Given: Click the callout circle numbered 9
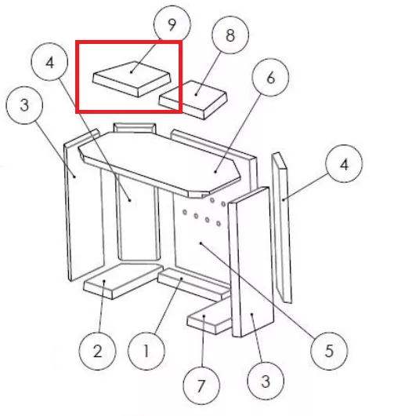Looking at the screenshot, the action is [172, 24].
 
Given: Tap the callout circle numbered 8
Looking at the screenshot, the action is [230, 35].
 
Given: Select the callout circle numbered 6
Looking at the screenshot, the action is [270, 78].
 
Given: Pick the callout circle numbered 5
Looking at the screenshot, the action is [329, 351].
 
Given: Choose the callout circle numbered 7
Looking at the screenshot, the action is [201, 385].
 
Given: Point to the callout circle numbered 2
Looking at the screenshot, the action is [97, 351].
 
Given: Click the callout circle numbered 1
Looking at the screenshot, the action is [146, 351].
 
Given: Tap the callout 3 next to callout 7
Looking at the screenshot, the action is [266, 381].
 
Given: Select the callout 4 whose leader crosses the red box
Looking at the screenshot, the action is [50, 62].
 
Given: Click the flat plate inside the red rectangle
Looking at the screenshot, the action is [132, 79].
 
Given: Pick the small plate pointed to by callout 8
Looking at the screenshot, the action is [193, 100].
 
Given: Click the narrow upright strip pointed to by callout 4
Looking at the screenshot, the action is [281, 228].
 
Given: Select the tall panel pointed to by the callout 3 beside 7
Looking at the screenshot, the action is [251, 262].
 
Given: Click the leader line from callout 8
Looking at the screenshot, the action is [208, 73].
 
